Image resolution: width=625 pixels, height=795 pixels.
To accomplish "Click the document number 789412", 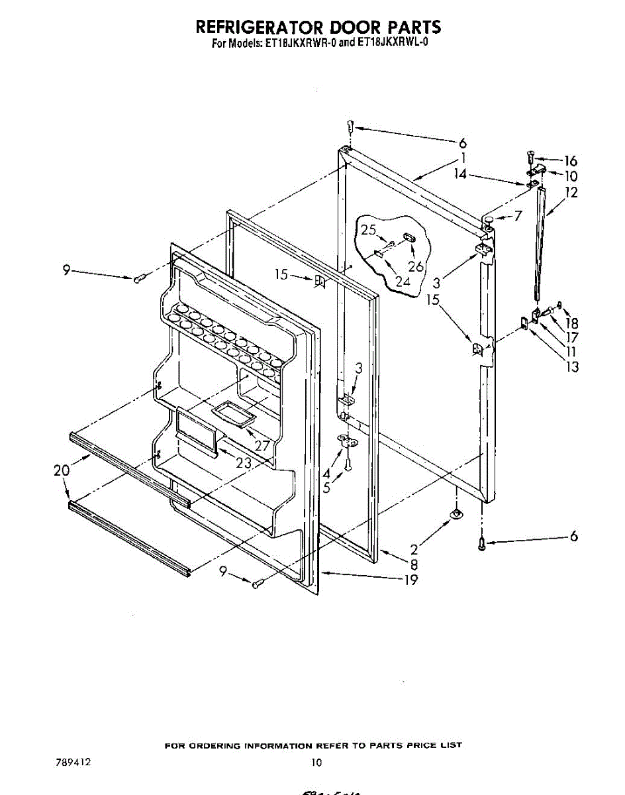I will click(72, 762).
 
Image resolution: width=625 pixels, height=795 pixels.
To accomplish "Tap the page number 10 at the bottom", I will click(316, 763).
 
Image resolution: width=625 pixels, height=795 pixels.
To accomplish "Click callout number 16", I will click(570, 161).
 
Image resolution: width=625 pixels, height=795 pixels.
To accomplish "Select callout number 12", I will click(571, 193).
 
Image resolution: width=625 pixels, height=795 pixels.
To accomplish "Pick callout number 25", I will click(369, 230).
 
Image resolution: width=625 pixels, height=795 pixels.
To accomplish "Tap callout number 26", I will click(415, 267).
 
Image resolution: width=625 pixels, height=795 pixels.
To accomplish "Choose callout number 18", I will click(572, 323).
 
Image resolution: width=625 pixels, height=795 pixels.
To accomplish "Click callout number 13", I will click(571, 366).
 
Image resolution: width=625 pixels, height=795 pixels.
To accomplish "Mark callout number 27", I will click(262, 445).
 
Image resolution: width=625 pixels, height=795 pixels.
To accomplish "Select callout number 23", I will click(244, 463).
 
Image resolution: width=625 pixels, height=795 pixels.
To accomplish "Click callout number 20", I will click(62, 471).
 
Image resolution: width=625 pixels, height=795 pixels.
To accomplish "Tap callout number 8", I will click(414, 564).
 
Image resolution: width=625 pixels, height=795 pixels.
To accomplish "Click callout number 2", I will click(414, 549).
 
